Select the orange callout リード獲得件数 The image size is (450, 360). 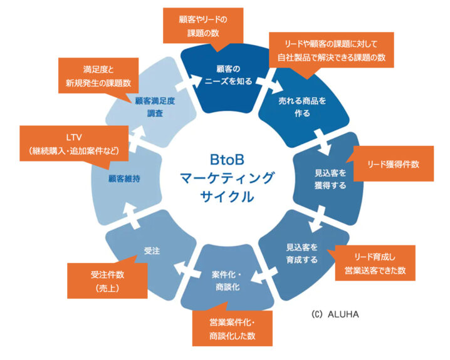(x=393, y=164)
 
